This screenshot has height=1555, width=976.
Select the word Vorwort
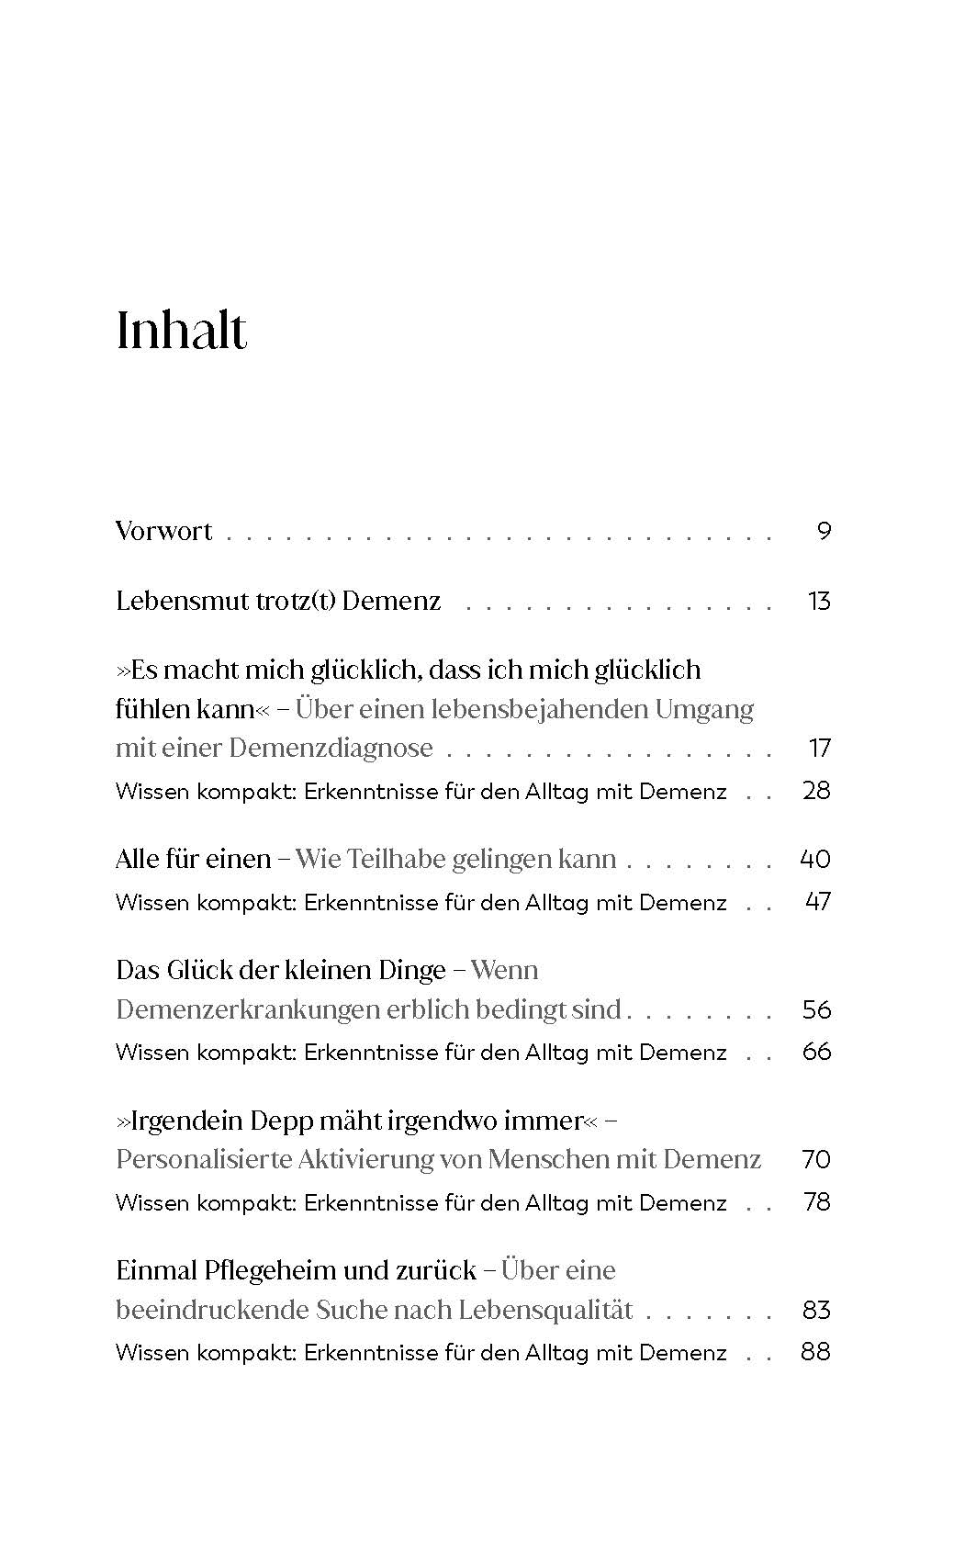tap(163, 531)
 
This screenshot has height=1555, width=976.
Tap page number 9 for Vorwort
tap(823, 531)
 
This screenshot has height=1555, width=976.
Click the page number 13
tap(818, 601)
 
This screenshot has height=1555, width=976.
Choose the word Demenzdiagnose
tap(330, 748)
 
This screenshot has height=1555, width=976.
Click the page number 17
tap(819, 748)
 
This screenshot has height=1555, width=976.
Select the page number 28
tap(816, 791)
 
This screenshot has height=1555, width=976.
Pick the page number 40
tap(815, 859)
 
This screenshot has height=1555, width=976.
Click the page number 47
tap(817, 902)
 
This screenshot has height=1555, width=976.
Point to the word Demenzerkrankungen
tap(247, 1009)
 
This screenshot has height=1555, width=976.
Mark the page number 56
tap(816, 1009)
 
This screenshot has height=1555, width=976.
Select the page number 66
tap(816, 1052)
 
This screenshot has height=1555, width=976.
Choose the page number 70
tap(816, 1159)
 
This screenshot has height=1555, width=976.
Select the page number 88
tap(816, 1352)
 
